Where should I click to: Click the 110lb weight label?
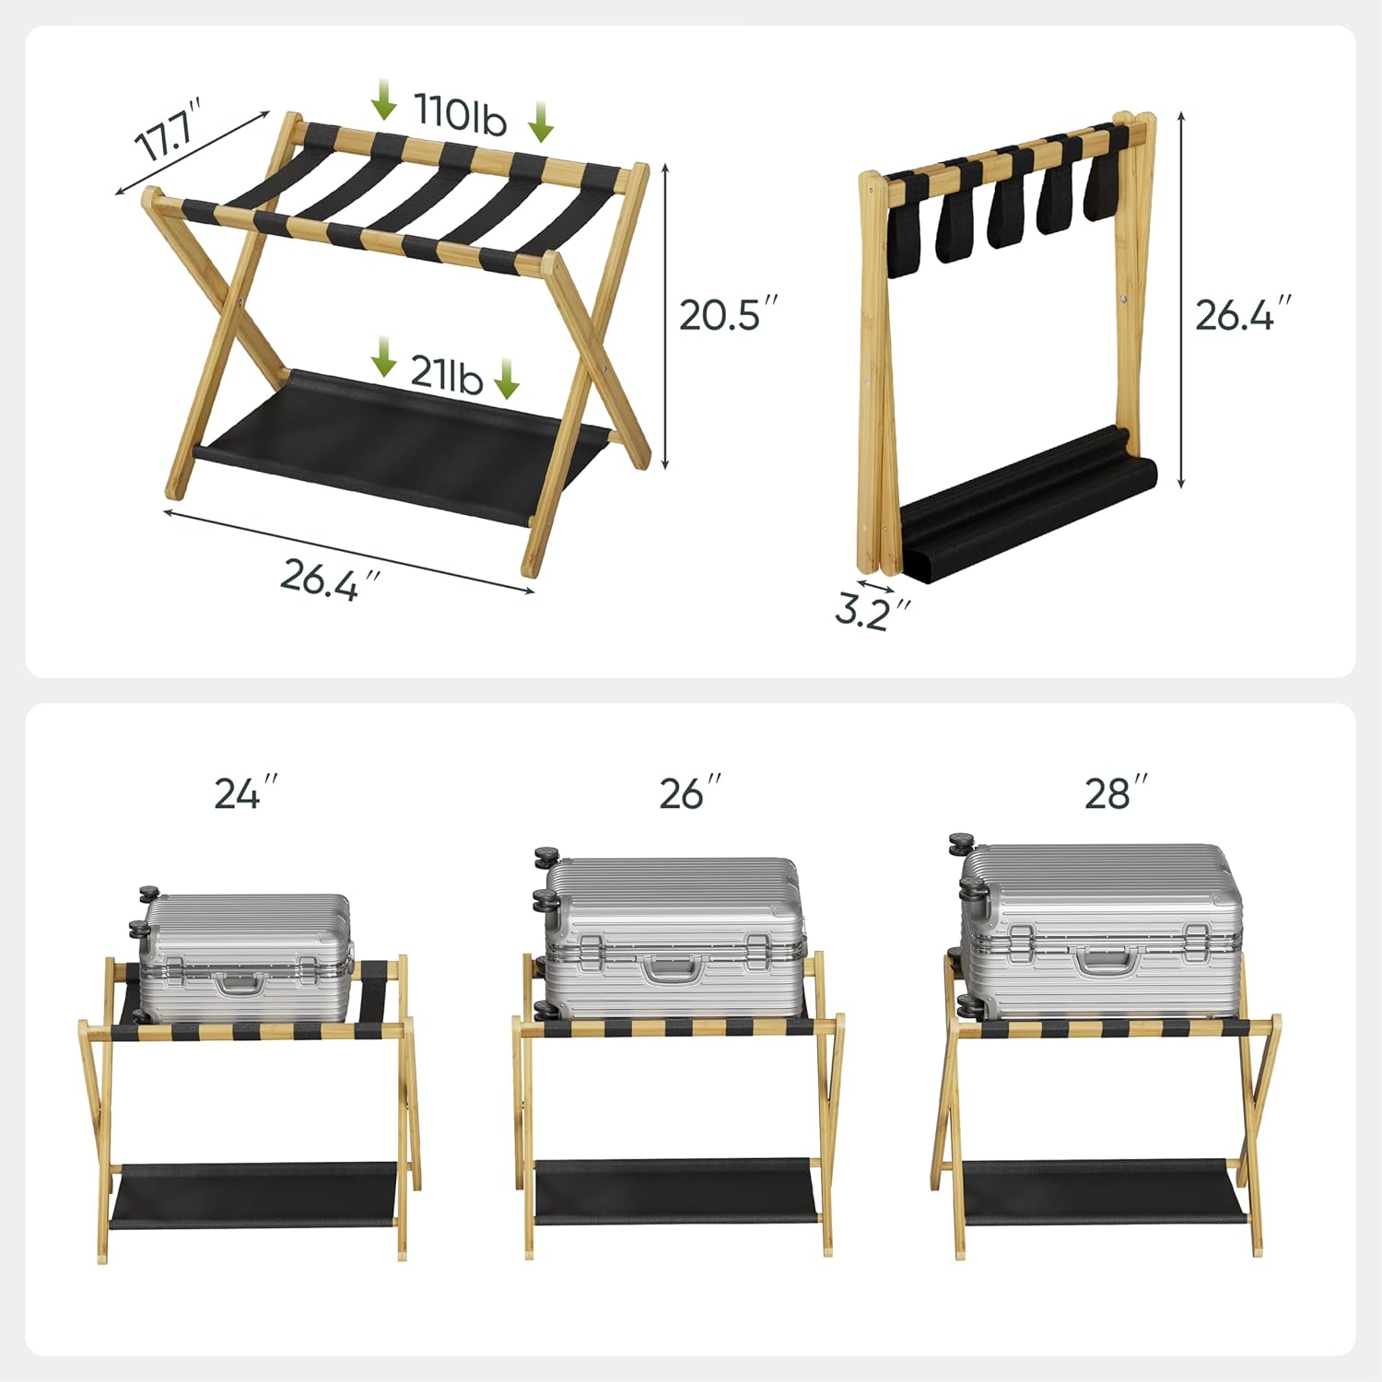(x=460, y=113)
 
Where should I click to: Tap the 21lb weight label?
(x=446, y=373)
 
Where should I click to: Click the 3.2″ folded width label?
(x=872, y=611)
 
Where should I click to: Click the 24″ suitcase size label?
(x=245, y=793)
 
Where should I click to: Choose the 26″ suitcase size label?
(x=690, y=793)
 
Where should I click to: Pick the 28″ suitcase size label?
(x=1116, y=793)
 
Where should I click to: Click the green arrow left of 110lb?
(x=383, y=100)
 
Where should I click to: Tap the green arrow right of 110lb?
(x=541, y=122)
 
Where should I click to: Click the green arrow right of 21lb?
(x=506, y=379)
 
